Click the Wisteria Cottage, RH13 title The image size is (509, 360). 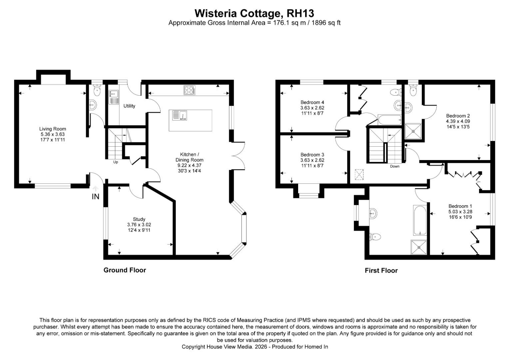click(254, 13)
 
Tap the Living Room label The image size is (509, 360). click(53, 129)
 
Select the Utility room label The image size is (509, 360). click(129, 106)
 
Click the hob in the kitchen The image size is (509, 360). click(190, 90)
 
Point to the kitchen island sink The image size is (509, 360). click(180, 115)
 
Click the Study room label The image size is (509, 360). click(139, 219)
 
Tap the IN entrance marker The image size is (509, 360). click(96, 196)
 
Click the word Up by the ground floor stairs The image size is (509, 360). click(116, 162)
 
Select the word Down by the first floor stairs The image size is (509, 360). click(395, 166)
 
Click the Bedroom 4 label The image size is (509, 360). click(312, 102)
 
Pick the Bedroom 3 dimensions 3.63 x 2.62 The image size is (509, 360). click(312, 160)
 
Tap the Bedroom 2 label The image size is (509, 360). click(458, 116)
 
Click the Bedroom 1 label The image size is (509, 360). click(460, 206)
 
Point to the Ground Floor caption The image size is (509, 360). click(125, 270)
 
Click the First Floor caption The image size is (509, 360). click(381, 271)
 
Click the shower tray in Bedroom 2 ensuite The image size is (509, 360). click(413, 131)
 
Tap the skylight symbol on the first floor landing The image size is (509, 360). click(359, 175)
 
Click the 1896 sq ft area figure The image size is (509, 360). click(326, 23)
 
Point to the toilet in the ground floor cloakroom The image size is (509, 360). click(97, 90)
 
